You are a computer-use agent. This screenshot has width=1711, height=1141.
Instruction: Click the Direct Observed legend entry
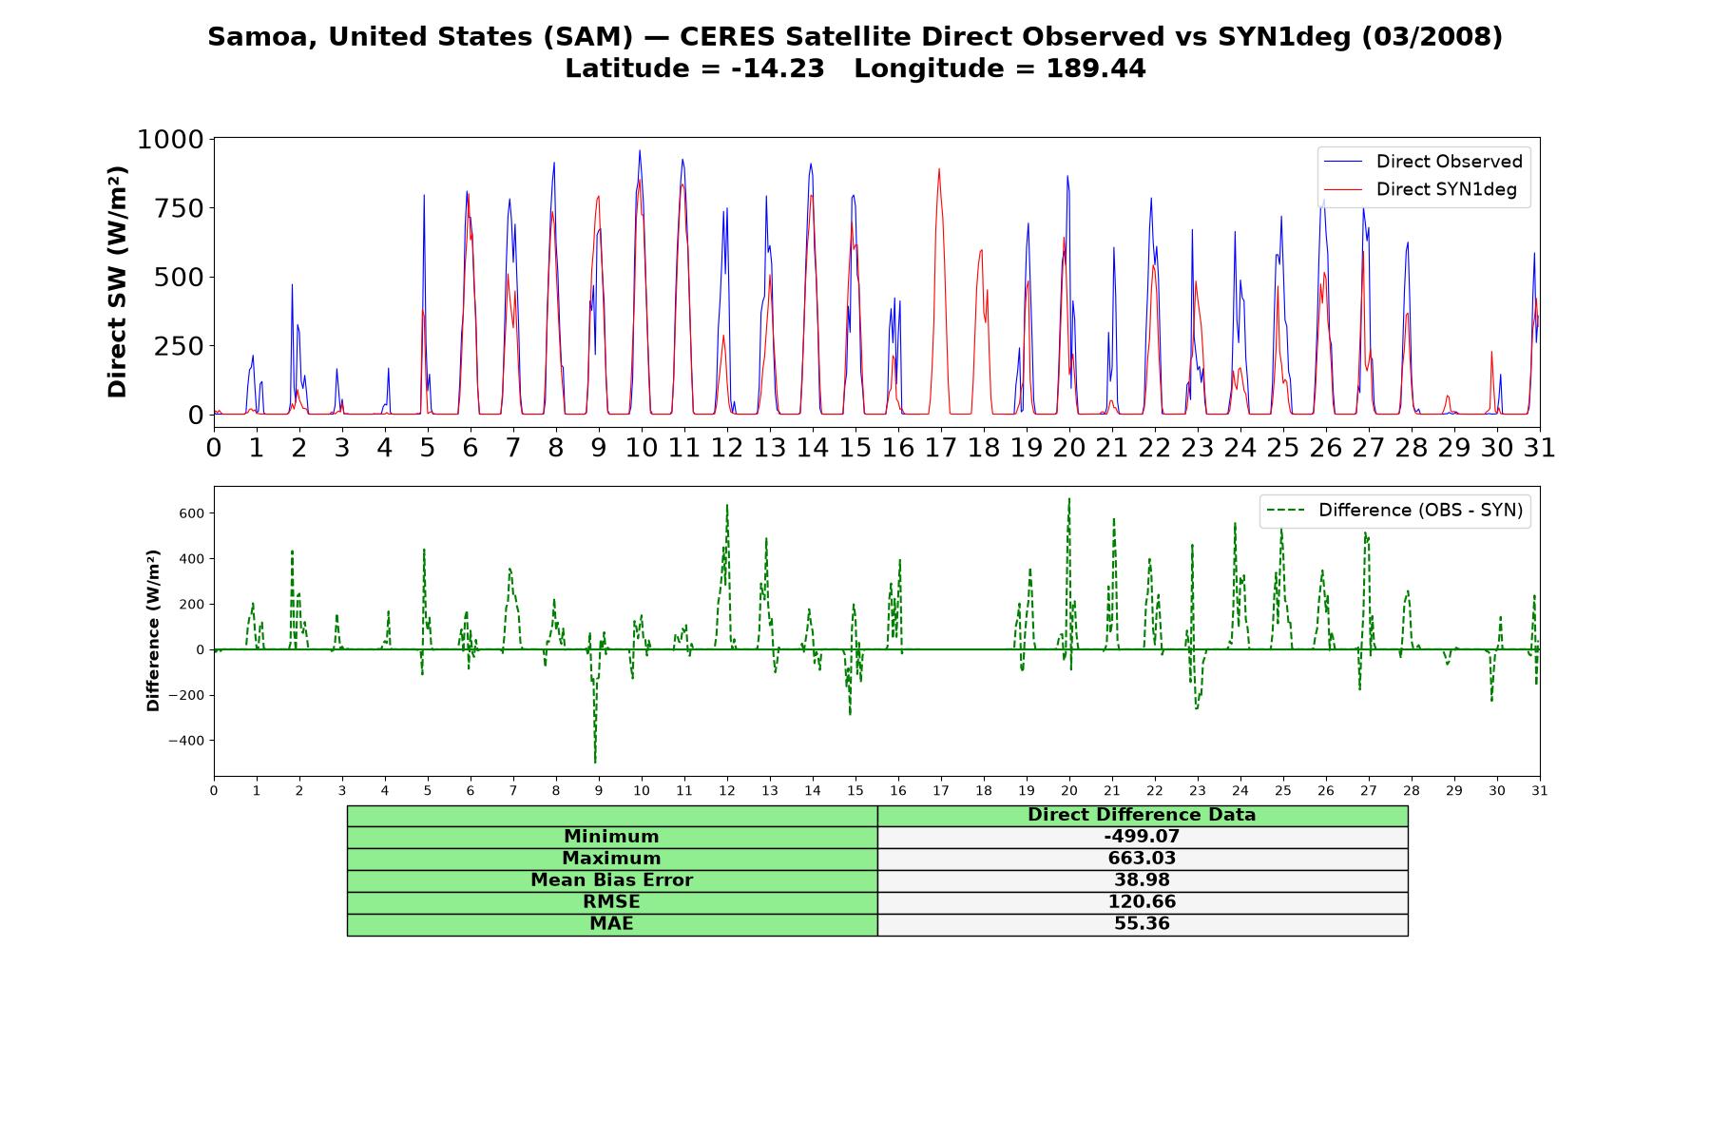(x=1423, y=162)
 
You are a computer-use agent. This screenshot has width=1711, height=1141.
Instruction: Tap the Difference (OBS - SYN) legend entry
(x=1394, y=511)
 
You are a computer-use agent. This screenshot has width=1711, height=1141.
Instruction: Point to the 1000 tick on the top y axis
(x=170, y=140)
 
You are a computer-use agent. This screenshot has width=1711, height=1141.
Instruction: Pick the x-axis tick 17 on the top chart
(x=941, y=447)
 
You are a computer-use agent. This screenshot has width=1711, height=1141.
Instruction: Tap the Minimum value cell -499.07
(x=1142, y=837)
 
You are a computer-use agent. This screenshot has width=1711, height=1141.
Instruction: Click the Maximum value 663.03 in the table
(x=1142, y=859)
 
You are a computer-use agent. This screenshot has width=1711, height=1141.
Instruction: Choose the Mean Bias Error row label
(x=611, y=880)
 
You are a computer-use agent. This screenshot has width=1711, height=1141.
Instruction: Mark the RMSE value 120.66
(x=1142, y=902)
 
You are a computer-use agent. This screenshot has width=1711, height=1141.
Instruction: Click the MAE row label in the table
(x=611, y=924)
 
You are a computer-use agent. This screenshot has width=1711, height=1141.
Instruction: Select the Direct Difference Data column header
(x=1142, y=815)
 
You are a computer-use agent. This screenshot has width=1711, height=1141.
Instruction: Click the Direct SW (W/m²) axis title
(x=117, y=281)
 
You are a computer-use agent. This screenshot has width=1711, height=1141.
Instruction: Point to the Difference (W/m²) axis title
(x=153, y=630)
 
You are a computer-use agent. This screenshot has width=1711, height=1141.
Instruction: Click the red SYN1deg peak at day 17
(x=939, y=169)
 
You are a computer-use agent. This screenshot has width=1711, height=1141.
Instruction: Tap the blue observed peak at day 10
(x=640, y=150)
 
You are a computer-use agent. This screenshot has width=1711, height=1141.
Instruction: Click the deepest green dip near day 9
(x=595, y=763)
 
